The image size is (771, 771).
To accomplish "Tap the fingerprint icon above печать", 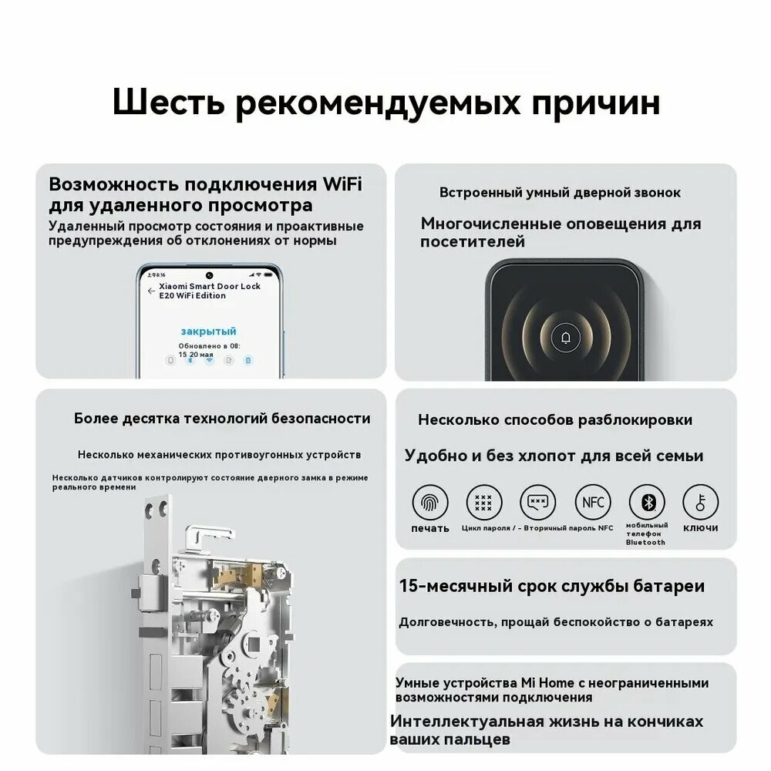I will pos(429,503).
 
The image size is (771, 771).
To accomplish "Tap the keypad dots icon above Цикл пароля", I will pos(483,503).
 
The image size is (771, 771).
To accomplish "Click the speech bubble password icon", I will pos(537,503).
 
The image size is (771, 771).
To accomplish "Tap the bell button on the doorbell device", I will pos(566,337).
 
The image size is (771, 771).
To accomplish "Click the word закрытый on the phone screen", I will pos(208,330).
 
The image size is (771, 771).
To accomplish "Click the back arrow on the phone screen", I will pos(151,291).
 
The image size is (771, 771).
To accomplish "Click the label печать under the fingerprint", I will pos(429,528).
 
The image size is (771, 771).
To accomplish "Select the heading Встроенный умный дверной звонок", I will pos(560,193).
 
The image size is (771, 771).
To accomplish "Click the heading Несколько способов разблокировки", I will pos(554,420).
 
